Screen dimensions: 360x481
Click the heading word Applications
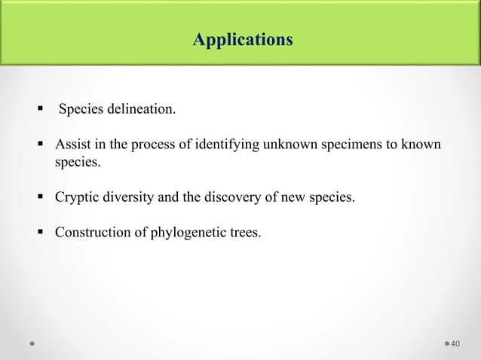coord(242,39)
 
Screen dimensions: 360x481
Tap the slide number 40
coord(455,344)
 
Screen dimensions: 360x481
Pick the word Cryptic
coord(76,197)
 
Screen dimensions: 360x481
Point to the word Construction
coord(91,233)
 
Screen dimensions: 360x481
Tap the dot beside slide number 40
coord(445,344)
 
